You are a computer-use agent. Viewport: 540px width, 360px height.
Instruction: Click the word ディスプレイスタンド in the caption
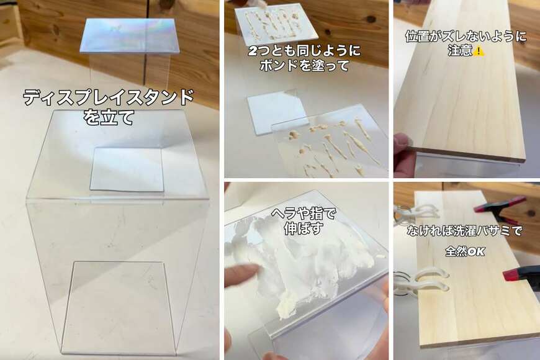[108, 98]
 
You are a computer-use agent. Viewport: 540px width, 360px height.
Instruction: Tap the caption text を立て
[109, 117]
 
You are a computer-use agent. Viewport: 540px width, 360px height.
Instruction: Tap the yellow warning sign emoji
[479, 51]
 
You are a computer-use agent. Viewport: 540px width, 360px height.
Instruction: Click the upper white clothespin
[410, 214]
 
